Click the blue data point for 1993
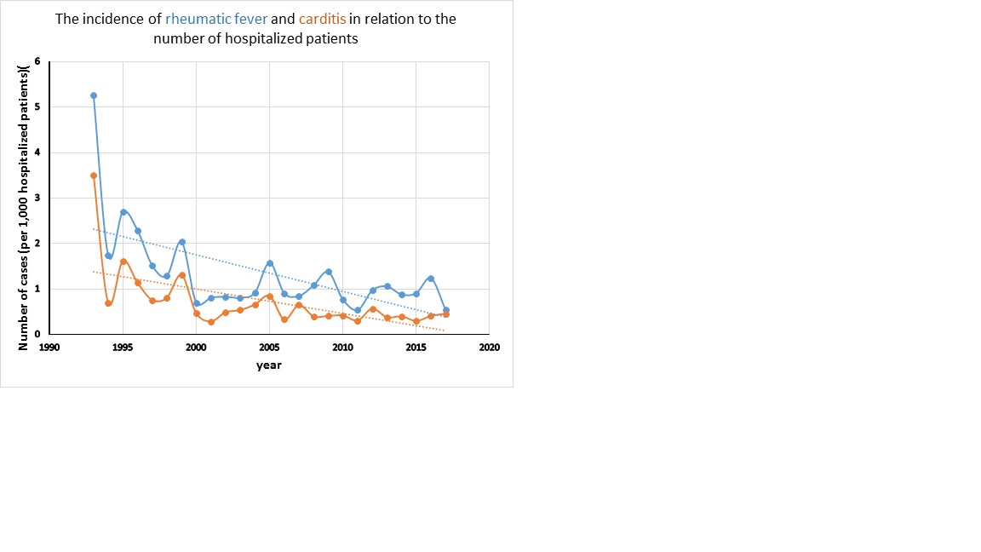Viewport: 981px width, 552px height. (x=94, y=95)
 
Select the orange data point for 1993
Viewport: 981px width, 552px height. (x=94, y=175)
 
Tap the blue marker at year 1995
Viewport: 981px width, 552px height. (x=123, y=212)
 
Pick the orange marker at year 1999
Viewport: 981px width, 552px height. (x=182, y=275)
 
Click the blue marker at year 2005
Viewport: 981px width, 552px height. (x=270, y=263)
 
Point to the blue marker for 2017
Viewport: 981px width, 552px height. (x=446, y=310)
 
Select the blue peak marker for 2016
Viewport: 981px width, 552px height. (x=432, y=279)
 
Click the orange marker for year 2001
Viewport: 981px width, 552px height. (x=211, y=322)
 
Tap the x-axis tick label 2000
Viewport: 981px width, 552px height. (x=196, y=348)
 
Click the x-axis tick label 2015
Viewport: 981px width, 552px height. (x=416, y=348)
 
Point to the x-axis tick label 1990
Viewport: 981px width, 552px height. (x=49, y=348)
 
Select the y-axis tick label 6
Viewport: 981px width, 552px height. (x=37, y=61)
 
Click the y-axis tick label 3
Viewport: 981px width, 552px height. (x=37, y=198)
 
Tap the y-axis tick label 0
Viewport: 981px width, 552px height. (x=37, y=335)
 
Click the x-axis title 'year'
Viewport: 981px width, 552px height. (x=269, y=365)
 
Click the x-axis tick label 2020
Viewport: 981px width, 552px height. (x=490, y=348)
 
